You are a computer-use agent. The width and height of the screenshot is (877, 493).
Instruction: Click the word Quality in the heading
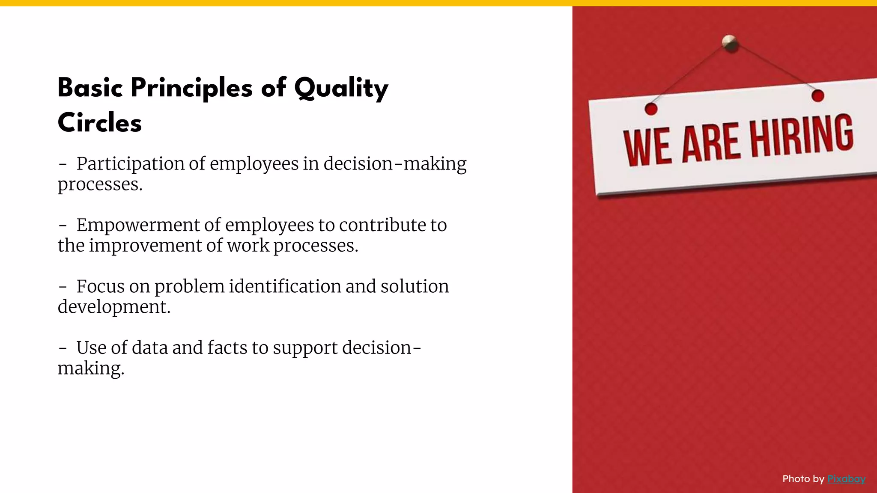[341, 88]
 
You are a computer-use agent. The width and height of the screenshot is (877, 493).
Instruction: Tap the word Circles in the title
[99, 123]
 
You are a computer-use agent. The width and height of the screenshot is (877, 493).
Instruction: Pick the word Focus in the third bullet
[101, 286]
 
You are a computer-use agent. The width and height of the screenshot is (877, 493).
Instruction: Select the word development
[114, 307]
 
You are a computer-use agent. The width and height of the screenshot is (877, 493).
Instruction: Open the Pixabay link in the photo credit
[846, 479]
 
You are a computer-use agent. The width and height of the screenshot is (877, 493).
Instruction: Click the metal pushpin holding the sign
[730, 43]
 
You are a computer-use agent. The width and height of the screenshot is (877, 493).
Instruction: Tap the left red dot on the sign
[651, 109]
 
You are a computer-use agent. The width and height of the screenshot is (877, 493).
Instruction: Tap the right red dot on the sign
[817, 96]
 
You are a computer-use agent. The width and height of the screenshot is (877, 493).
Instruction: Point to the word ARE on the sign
[710, 143]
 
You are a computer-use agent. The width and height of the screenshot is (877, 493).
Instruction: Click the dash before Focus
[63, 287]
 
